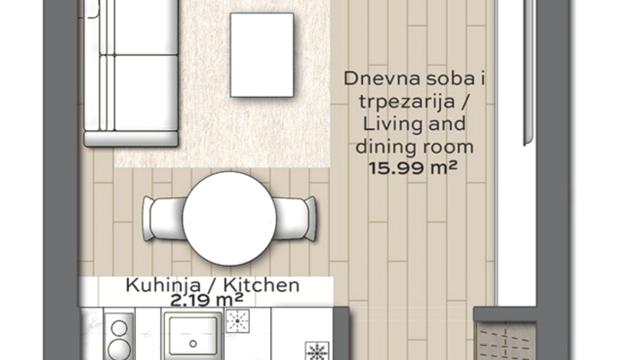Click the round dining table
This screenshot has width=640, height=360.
tap(229, 217)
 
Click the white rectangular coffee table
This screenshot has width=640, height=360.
tap(262, 55)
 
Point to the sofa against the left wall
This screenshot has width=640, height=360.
tap(129, 72)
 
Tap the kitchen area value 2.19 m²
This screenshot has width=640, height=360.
tap(207, 299)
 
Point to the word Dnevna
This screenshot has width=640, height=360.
tap(377, 77)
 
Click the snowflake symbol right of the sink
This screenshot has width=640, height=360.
tap(239, 321)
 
